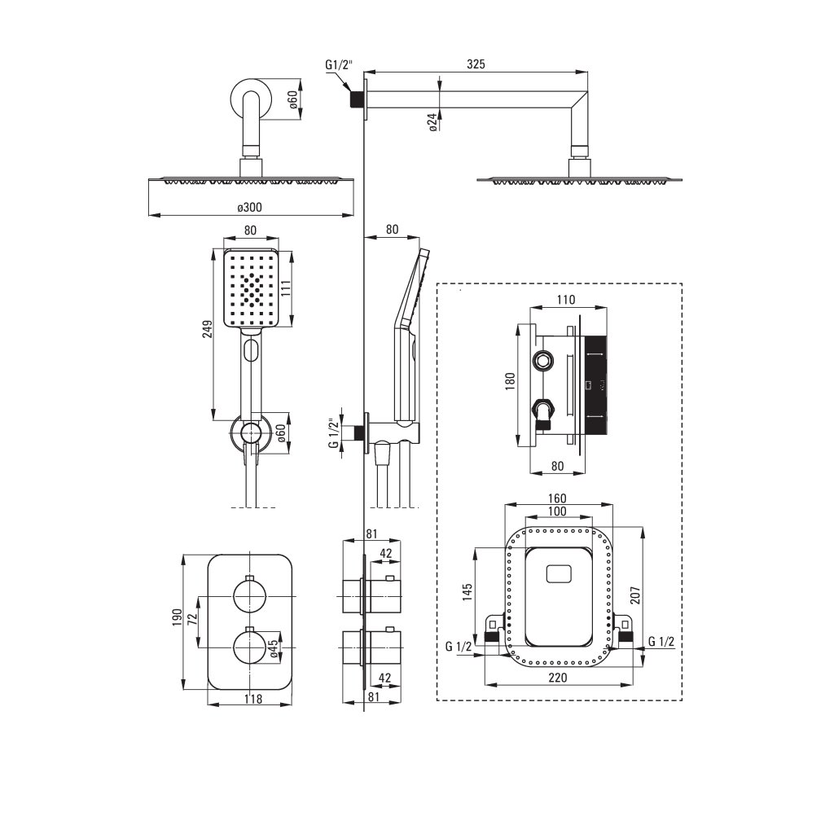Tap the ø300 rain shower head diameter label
pos(250,208)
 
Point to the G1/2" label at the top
pos(338,65)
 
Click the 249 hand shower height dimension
pos(208,328)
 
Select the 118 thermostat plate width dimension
pos(251,699)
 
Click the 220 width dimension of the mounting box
pos(559,677)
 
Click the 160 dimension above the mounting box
pos(557,498)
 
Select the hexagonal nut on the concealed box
pos(543,360)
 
